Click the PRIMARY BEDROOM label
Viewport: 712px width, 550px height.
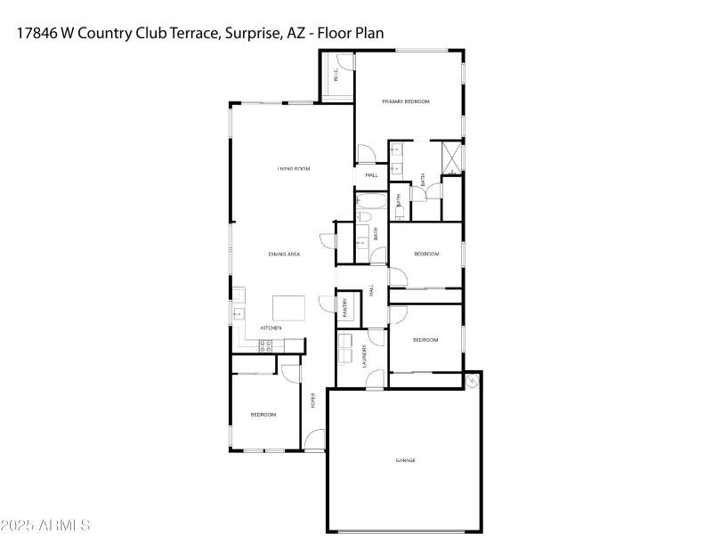pos(406,102)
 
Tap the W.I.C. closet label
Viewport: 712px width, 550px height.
pos(336,77)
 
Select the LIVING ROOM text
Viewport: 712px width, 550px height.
pos(293,169)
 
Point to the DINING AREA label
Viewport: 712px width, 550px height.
pos(284,255)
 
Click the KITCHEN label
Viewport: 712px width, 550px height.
pos(271,328)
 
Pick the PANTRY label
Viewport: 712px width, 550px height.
pos(345,307)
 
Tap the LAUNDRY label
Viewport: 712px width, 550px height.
pos(365,357)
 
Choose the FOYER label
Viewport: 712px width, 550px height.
pos(313,401)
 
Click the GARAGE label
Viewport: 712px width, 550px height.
pos(406,460)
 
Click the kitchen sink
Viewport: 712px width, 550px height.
pos(238,313)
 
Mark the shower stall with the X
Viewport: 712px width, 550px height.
pos(453,157)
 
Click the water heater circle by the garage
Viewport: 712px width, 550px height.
pos(472,381)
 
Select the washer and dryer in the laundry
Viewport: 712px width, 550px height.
pos(345,348)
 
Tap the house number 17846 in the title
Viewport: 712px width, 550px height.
pos(37,33)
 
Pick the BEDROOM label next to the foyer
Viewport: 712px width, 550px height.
pos(263,415)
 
